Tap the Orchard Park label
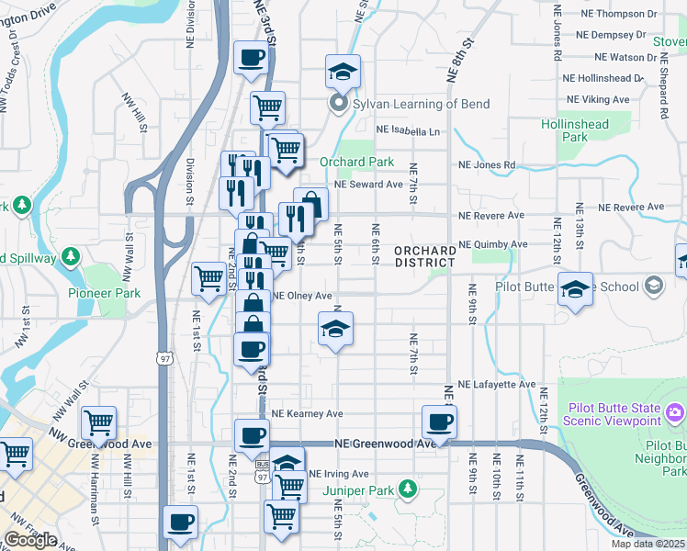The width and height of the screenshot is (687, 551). [356, 163]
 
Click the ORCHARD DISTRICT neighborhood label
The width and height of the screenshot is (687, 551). [425, 257]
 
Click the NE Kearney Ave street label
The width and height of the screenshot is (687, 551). [307, 414]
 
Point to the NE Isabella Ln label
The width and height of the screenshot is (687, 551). [403, 131]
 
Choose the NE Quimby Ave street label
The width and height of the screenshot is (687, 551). [492, 244]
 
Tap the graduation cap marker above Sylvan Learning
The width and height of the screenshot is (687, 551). [343, 72]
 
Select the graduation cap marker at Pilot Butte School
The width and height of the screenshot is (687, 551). [575, 290]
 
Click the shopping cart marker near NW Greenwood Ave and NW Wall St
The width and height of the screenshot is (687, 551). [98, 423]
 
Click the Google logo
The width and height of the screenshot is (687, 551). [30, 540]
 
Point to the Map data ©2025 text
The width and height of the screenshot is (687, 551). [648, 544]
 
